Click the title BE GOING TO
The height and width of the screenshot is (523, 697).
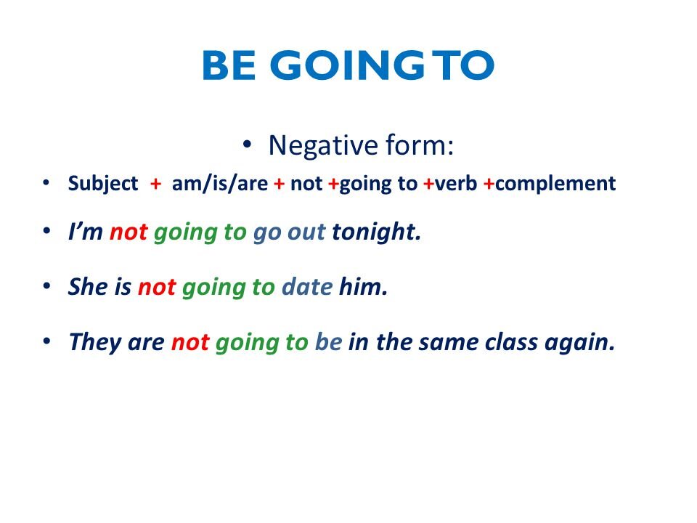(x=348, y=66)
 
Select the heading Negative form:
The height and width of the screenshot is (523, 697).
(x=361, y=145)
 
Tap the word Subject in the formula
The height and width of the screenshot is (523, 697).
(x=102, y=185)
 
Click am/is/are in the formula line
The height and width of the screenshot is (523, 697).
(x=220, y=184)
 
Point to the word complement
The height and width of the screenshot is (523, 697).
(x=555, y=185)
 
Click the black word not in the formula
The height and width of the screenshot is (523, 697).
(x=306, y=184)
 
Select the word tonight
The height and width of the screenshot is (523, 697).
(x=376, y=233)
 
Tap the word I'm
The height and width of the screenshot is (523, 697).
(x=85, y=232)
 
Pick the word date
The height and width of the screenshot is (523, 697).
(x=306, y=287)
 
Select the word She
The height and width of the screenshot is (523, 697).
(x=88, y=287)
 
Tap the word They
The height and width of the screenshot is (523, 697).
(x=94, y=342)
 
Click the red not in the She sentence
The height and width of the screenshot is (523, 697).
(x=156, y=287)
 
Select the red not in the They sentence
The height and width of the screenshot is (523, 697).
(x=189, y=342)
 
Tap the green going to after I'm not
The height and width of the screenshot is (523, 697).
(x=200, y=233)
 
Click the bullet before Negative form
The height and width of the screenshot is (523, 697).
(x=248, y=145)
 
